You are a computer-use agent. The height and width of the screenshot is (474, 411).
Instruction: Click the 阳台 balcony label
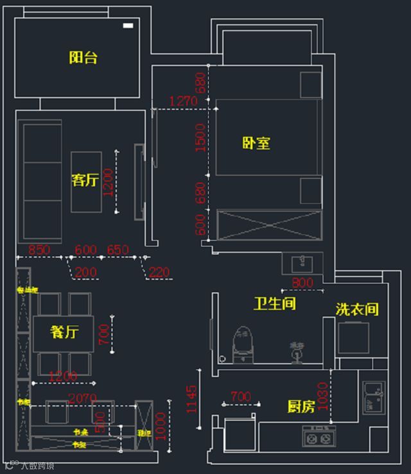[83, 58]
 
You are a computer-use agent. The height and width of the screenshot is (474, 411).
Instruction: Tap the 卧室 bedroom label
[256, 143]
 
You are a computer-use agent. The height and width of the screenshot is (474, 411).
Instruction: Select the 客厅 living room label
[85, 180]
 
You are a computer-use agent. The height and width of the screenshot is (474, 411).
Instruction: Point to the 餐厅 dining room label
[64, 332]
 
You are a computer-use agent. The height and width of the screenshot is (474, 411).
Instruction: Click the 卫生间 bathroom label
[275, 303]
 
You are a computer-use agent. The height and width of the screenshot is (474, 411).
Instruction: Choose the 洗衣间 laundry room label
[357, 309]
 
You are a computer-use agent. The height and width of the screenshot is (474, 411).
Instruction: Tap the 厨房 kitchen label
[301, 407]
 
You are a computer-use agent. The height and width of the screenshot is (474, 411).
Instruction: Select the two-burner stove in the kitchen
[317, 439]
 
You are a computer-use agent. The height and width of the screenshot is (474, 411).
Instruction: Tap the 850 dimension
[39, 250]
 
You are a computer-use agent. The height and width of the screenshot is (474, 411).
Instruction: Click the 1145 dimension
[192, 399]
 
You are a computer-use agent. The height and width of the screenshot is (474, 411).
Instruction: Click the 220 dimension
[159, 273]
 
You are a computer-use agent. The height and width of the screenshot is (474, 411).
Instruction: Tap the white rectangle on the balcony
[128, 26]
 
